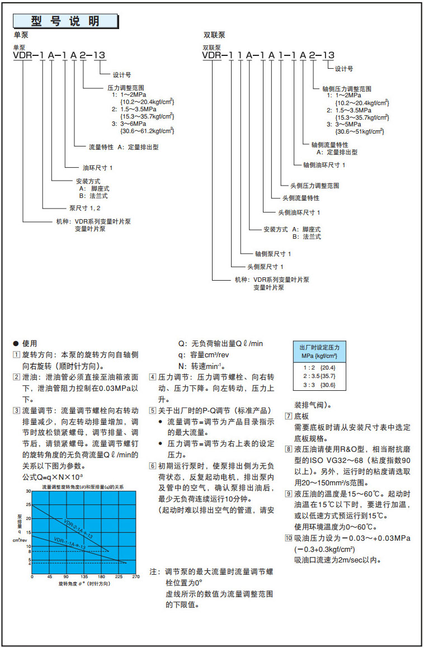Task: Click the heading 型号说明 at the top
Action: coord(65,21)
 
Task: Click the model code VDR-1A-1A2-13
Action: coord(58,55)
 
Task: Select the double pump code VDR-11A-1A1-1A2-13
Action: coord(268,55)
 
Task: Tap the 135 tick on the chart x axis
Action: coord(84,576)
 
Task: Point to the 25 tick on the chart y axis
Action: coord(29,505)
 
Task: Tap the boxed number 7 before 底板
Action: coord(288,417)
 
